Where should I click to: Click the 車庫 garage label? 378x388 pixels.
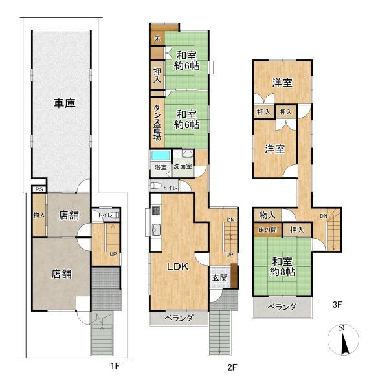coord(65,103)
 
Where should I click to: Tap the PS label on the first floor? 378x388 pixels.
coord(39,189)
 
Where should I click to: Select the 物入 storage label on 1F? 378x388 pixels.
coord(39,215)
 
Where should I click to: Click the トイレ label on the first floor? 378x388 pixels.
coord(106,215)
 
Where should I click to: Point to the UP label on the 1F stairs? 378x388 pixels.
coord(113,254)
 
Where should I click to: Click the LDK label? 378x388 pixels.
coord(177,266)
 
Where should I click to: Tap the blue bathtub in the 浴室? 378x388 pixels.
coord(161,156)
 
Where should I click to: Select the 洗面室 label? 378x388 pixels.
coord(183,166)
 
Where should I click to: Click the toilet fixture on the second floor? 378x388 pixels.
coord(156,186)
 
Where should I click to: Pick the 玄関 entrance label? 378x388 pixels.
coord(219,277)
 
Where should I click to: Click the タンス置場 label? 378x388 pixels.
coord(157,122)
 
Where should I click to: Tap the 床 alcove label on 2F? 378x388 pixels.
coord(157,38)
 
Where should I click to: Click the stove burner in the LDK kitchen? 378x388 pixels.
coord(156,211)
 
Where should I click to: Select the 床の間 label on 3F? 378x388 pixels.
coord(267,230)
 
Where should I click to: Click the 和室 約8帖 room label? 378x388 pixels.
coord(282,266)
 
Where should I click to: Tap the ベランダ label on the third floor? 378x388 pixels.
coord(282,307)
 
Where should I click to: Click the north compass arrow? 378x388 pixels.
coord(345,344)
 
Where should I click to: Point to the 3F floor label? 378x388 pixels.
coord(337,305)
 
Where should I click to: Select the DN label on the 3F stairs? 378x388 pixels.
coord(323,216)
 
